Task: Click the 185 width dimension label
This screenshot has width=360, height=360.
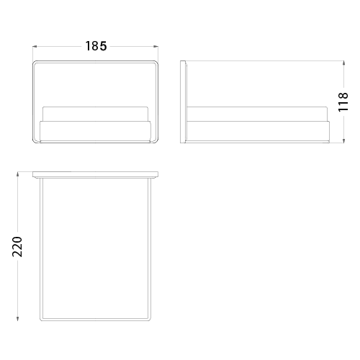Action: coord(96,46)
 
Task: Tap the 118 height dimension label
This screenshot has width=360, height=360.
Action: coord(343,102)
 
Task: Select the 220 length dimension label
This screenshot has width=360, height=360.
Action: coord(17,247)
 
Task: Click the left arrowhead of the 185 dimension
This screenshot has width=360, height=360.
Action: coord(35,46)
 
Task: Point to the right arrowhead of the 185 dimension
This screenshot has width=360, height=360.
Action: coord(156,46)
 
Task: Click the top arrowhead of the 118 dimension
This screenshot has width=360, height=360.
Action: coord(343,63)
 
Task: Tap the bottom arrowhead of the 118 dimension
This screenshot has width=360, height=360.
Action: coord(343,141)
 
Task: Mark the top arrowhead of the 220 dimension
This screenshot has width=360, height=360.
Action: coord(17,174)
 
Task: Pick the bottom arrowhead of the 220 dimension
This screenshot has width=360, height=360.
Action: coord(17,318)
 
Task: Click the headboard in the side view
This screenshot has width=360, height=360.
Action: coord(183,102)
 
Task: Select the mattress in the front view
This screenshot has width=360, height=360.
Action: coord(95,114)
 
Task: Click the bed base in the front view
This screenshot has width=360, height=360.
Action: coord(95,131)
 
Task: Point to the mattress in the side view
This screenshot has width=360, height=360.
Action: coord(257,114)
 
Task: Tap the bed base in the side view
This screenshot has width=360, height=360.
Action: coord(258,131)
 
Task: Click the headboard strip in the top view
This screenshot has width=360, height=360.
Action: coord(95,175)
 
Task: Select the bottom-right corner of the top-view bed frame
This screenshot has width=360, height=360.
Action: coord(150,320)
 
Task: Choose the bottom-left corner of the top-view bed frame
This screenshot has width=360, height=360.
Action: coord(40,320)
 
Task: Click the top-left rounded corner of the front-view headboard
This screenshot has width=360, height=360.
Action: coord(34,62)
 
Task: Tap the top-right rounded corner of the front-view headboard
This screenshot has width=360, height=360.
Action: coord(157,62)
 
